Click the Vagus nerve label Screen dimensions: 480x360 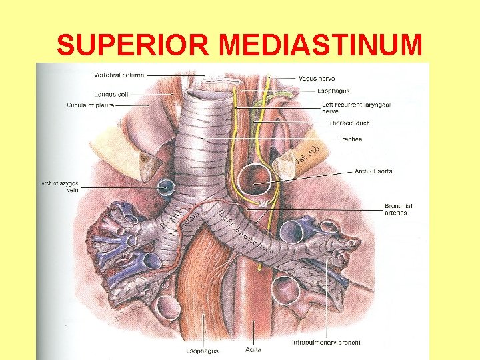(317, 79)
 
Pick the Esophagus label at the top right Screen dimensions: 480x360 (333, 91)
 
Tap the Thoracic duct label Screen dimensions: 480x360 (349, 123)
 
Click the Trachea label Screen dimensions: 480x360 (350, 139)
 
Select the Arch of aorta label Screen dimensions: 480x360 (373, 171)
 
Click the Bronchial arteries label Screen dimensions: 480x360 (398, 209)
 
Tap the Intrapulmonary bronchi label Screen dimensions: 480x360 (326, 343)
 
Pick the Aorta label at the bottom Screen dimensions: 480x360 (253, 349)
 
